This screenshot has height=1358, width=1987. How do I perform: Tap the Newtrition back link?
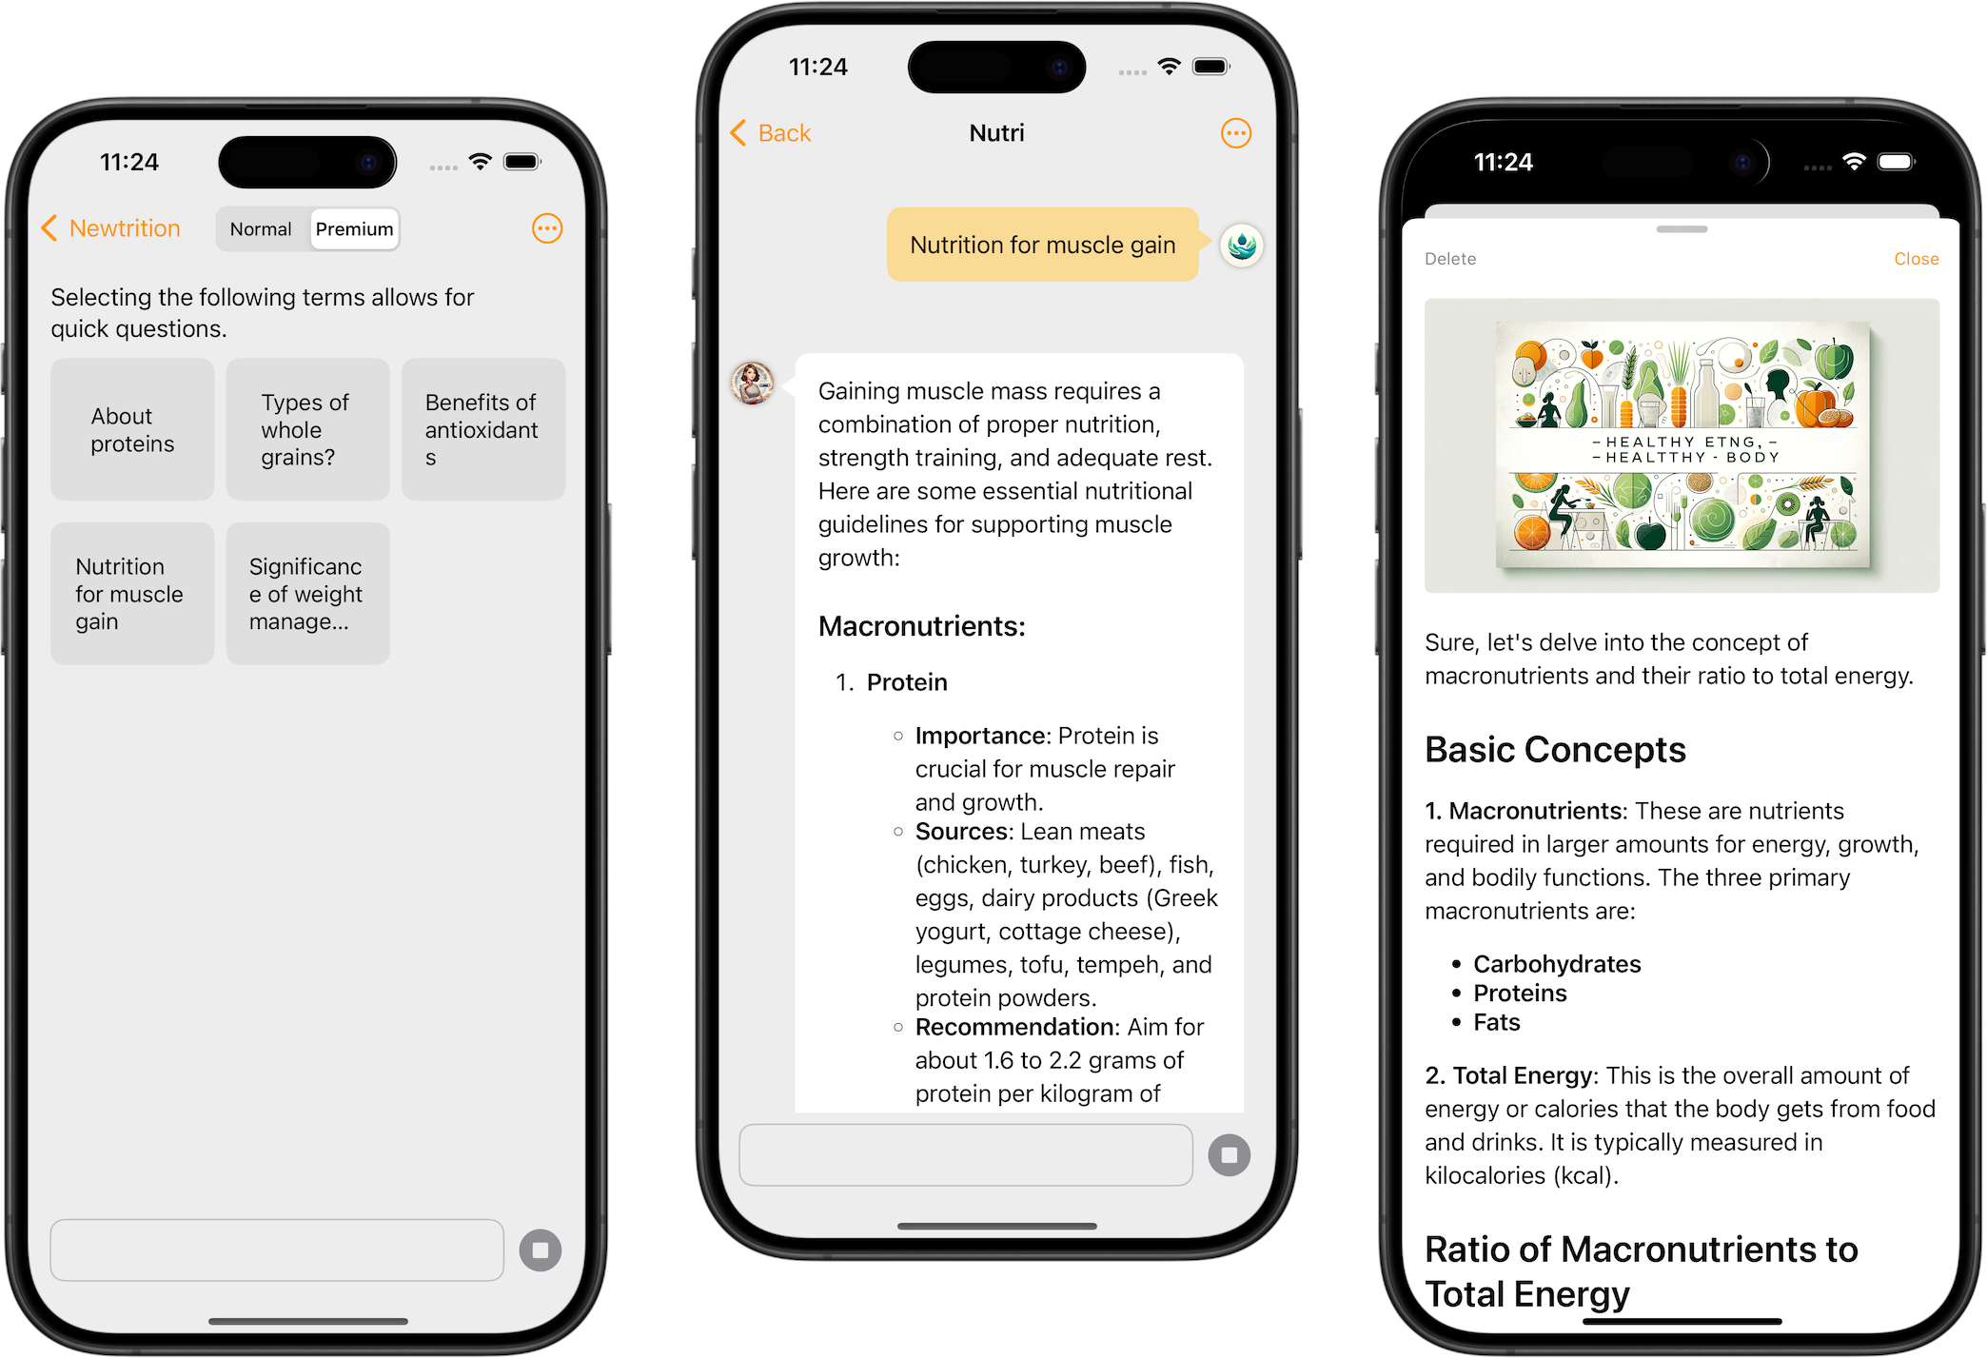pyautogui.click(x=112, y=228)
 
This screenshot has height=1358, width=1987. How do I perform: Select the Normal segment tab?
pyautogui.click(x=261, y=229)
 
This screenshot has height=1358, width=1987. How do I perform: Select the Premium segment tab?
pyautogui.click(x=354, y=229)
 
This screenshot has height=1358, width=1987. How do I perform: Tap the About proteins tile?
pyautogui.click(x=132, y=430)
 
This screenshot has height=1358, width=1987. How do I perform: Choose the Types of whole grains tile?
pyautogui.click(x=307, y=430)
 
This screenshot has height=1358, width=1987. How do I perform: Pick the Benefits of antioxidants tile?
pyautogui.click(x=482, y=430)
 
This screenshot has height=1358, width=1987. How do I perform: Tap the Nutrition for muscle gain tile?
pyautogui.click(x=132, y=594)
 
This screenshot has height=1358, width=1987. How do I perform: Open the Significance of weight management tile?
pyautogui.click(x=307, y=594)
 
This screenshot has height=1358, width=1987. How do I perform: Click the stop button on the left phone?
pyautogui.click(x=541, y=1250)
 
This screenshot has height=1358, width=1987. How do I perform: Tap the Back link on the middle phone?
pyautogui.click(x=772, y=133)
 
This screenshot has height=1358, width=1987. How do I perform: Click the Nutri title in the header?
pyautogui.click(x=996, y=133)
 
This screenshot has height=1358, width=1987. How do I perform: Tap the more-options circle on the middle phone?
pyautogui.click(x=1235, y=133)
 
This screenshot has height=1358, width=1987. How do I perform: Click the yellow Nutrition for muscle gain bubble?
pyautogui.click(x=1042, y=246)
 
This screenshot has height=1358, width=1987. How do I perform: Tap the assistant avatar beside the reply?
pyautogui.click(x=753, y=384)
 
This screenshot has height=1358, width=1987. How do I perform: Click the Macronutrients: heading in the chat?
pyautogui.click(x=921, y=626)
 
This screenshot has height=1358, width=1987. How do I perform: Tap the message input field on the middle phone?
pyautogui.click(x=965, y=1155)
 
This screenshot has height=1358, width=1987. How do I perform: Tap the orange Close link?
pyautogui.click(x=1915, y=259)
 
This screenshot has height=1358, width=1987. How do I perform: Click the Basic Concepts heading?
pyautogui.click(x=1555, y=750)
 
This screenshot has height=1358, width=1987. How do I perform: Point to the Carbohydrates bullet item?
pyautogui.click(x=1557, y=964)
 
